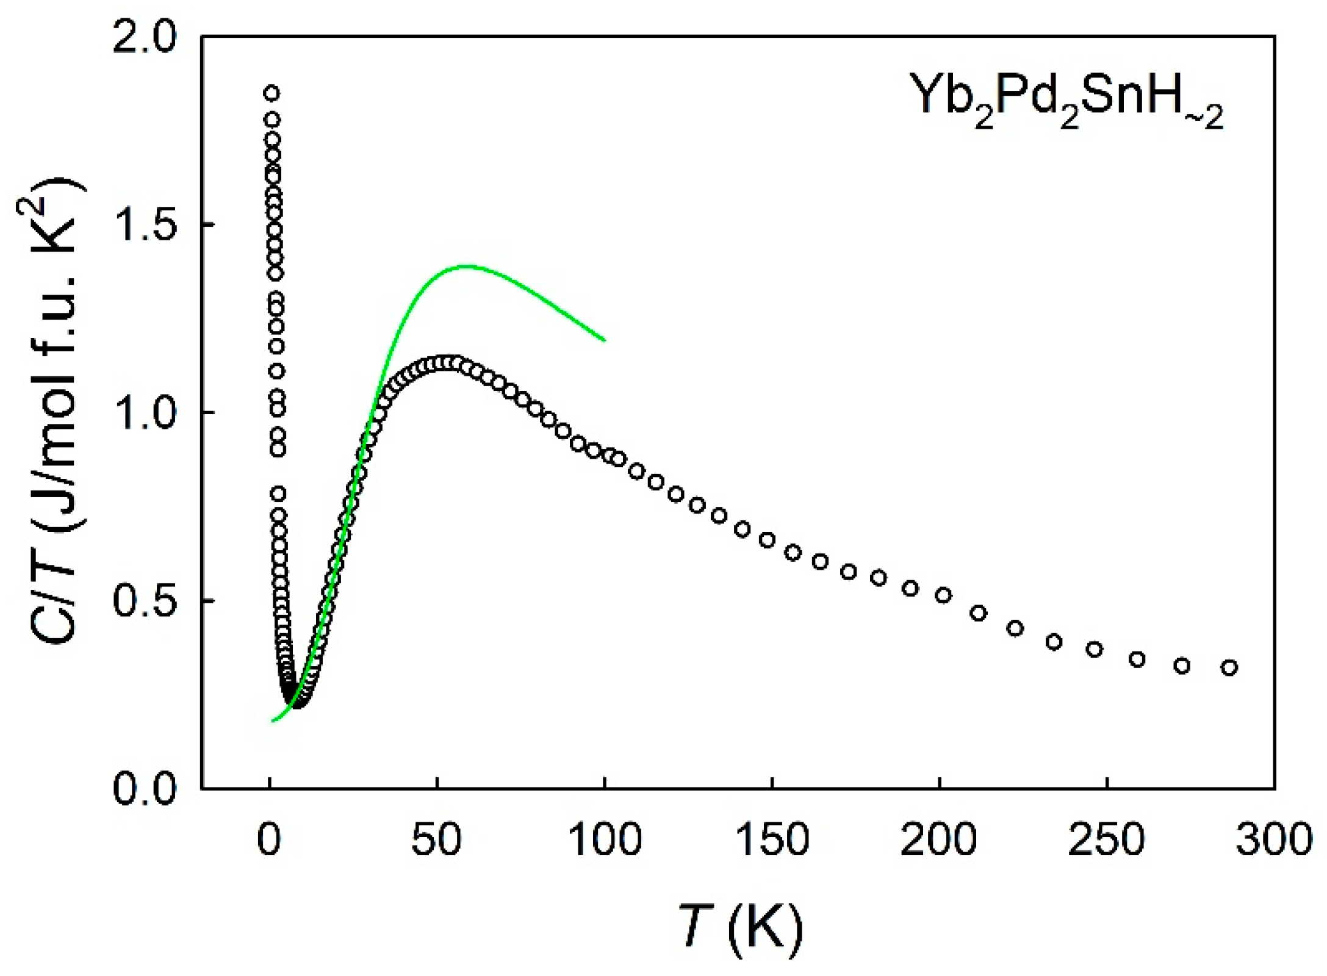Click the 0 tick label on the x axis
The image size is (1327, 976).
point(268,840)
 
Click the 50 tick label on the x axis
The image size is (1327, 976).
point(436,840)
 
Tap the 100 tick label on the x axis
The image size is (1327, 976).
point(604,840)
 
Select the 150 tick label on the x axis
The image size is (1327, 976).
point(772,840)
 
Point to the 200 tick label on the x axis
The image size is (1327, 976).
point(939,840)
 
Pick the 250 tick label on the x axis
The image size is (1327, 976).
point(1106,840)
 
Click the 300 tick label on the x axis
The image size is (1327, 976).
point(1274,840)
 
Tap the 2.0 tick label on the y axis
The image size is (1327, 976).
point(145,38)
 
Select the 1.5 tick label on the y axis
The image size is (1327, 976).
point(145,225)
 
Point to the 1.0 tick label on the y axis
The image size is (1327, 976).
point(145,413)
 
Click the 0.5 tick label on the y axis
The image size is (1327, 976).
point(145,601)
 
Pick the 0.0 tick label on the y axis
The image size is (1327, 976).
point(145,789)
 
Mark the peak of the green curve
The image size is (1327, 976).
point(467,265)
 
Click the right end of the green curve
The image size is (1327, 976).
point(604,340)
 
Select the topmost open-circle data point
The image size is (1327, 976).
point(272,93)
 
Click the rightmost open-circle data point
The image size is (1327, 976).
point(1229,668)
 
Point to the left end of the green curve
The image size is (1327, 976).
point(273,720)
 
